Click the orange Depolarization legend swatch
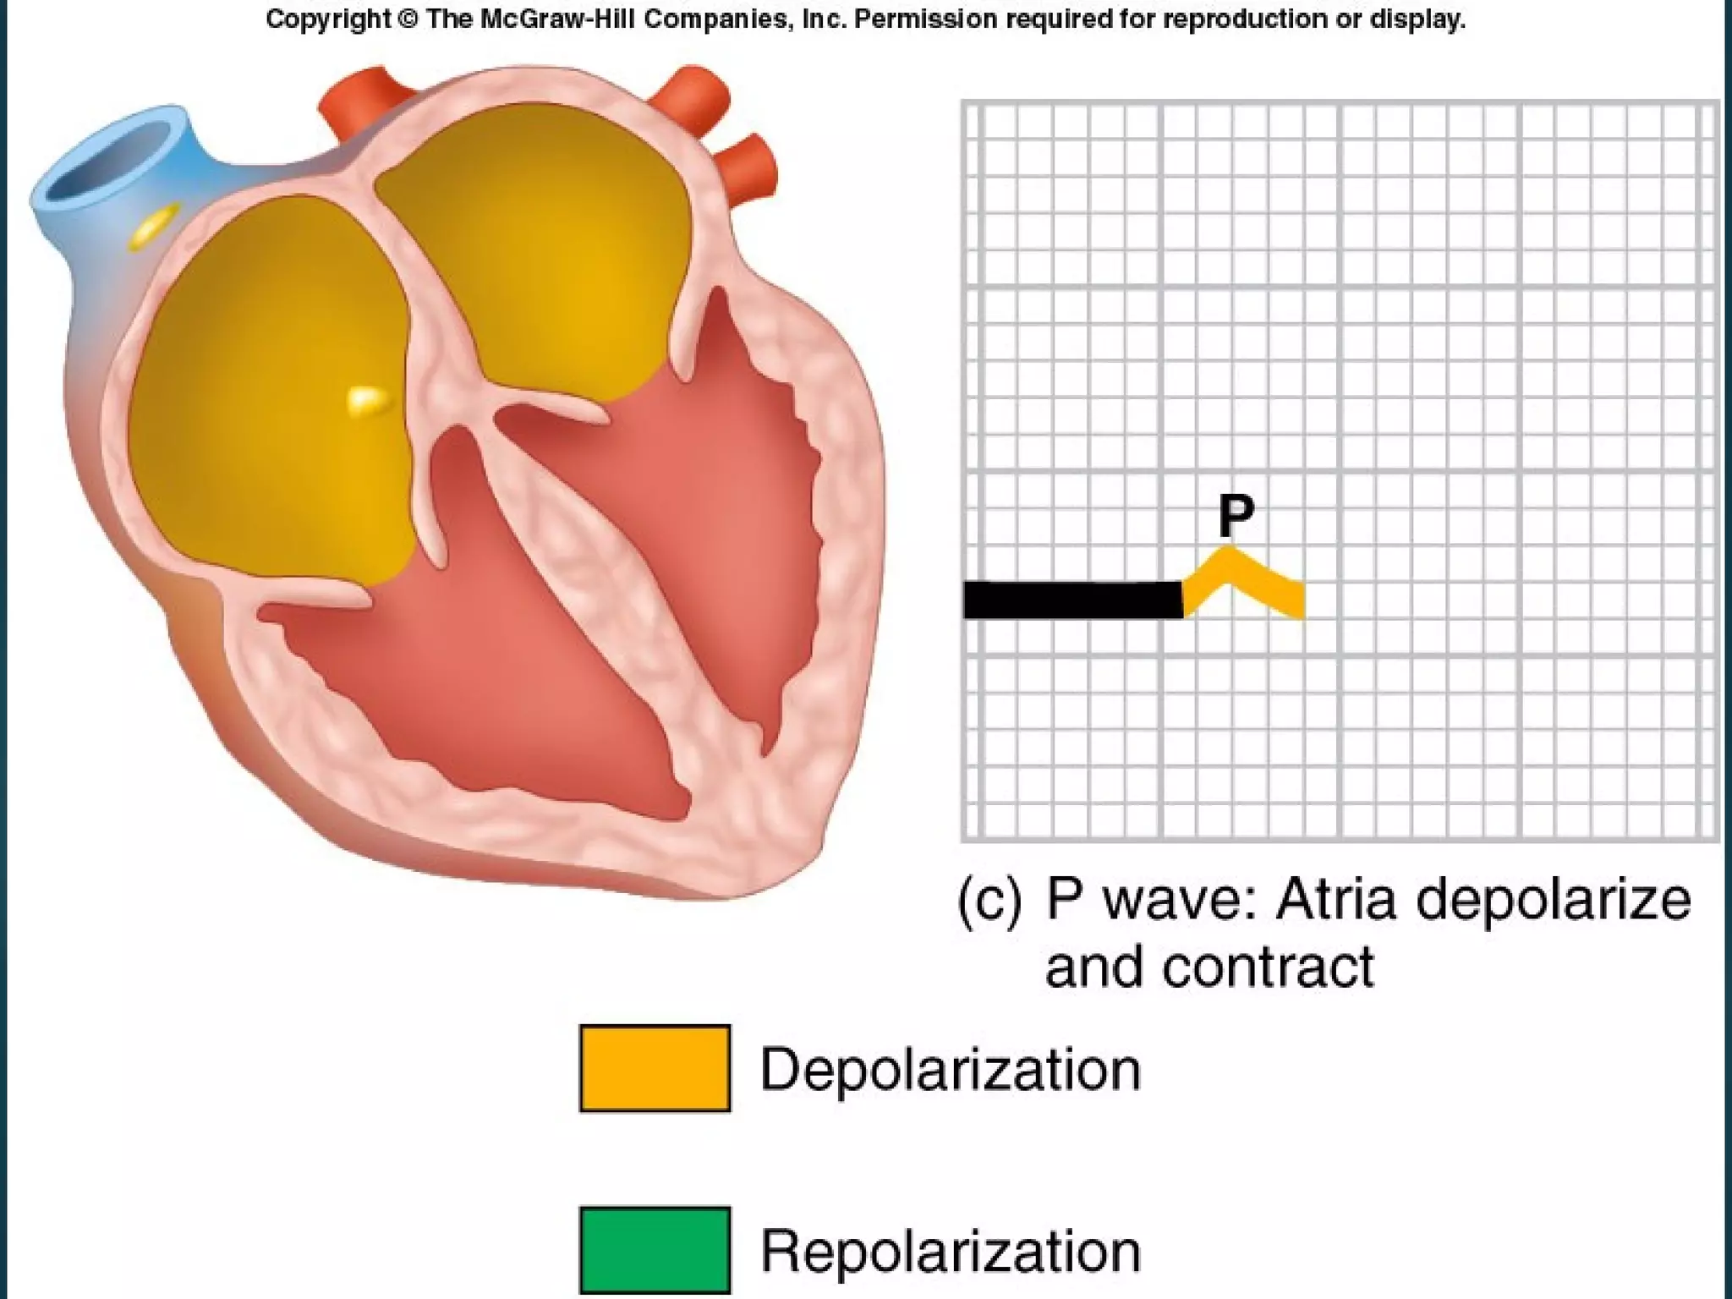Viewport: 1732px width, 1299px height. [655, 1068]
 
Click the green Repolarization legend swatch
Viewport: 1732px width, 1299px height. [655, 1250]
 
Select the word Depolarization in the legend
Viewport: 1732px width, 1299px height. [951, 1070]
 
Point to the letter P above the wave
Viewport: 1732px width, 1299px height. [1236, 515]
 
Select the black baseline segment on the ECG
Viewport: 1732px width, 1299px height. [1072, 600]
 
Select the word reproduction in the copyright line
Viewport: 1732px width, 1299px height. [1242, 19]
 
